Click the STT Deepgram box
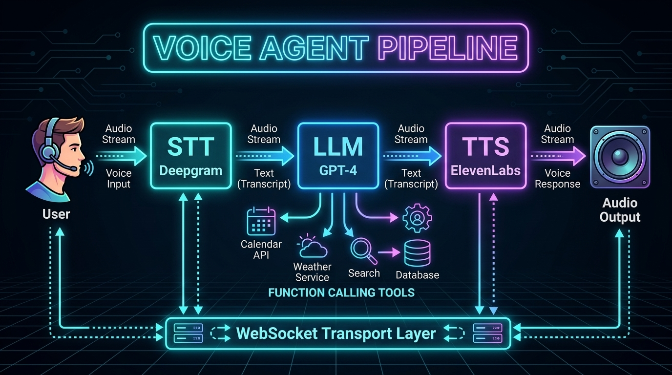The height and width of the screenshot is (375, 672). coord(190,156)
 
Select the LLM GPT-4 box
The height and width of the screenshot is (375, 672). coord(338,156)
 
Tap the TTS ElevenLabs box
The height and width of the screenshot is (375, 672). coord(485,156)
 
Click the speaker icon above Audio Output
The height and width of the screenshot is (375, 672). coord(620,157)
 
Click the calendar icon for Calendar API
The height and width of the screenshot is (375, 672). coord(261,222)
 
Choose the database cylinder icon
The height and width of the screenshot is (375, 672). coord(417,253)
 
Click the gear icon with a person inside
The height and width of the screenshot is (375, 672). coord(417,218)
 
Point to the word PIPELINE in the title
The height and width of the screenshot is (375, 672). coord(448,48)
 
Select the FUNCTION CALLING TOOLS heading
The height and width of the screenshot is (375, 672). coord(341,292)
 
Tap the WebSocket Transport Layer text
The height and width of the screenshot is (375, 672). coord(336,333)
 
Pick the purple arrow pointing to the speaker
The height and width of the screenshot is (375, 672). coord(558,156)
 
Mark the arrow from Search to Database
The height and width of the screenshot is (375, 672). coord(389,252)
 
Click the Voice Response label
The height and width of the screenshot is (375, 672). coord(557,179)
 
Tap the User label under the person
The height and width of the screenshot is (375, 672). coord(56,214)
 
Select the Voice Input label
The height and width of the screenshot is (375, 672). coord(119,179)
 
